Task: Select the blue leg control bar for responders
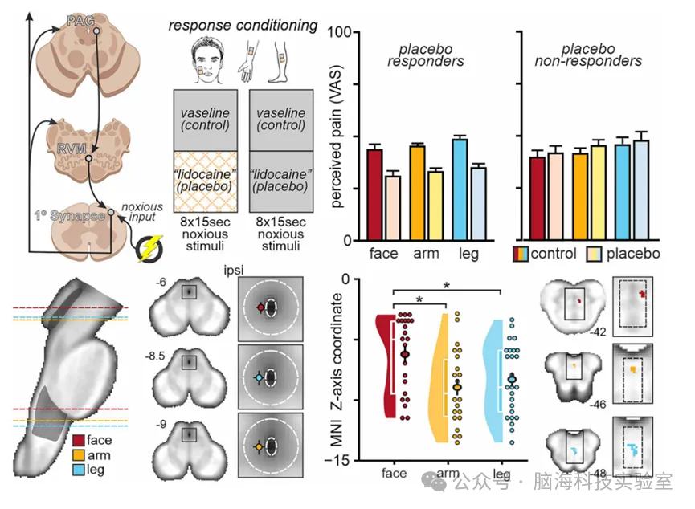pos(460,189)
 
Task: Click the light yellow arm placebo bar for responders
pos(435,206)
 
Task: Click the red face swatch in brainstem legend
pos(78,440)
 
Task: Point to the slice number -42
pos(595,331)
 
